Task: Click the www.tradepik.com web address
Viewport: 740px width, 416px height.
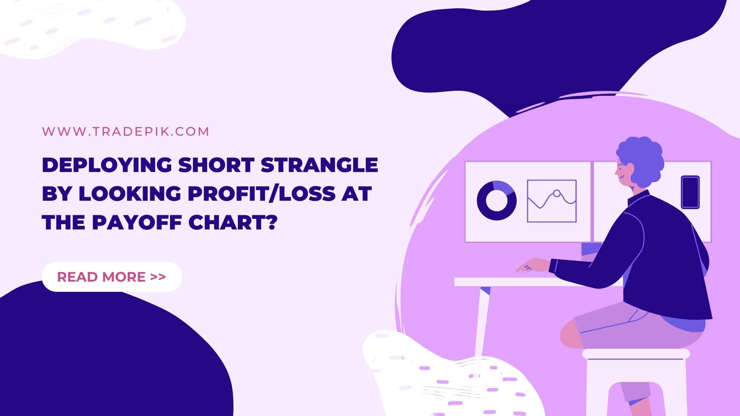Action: (x=126, y=131)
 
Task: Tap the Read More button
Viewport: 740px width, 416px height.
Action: (x=112, y=277)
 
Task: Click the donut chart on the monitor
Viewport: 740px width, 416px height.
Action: (x=497, y=200)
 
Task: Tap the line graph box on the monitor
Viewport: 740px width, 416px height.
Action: (x=552, y=201)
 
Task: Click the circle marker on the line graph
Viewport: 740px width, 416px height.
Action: (x=557, y=193)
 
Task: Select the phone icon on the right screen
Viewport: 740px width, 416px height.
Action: (x=690, y=192)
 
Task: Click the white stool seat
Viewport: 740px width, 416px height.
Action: (x=636, y=354)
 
